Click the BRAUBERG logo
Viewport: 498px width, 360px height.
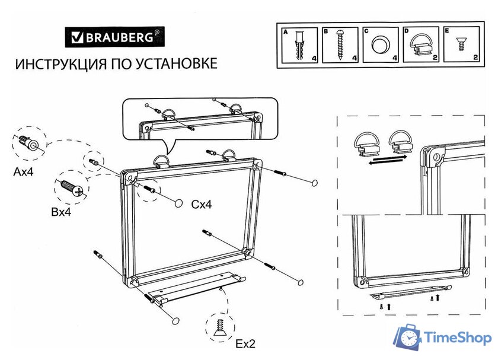[x=114, y=39]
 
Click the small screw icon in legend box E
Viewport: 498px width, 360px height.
[x=459, y=44]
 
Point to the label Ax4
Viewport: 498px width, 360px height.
[x=24, y=173]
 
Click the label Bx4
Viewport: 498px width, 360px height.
[x=60, y=212]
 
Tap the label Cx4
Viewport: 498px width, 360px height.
[x=201, y=205]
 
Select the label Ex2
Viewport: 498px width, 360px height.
[x=245, y=343]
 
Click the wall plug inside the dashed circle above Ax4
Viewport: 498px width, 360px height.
[x=28, y=143]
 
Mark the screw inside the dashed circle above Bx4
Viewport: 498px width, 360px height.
[x=71, y=188]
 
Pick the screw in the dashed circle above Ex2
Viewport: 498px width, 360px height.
[x=220, y=326]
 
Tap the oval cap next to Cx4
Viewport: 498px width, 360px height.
[x=177, y=203]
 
